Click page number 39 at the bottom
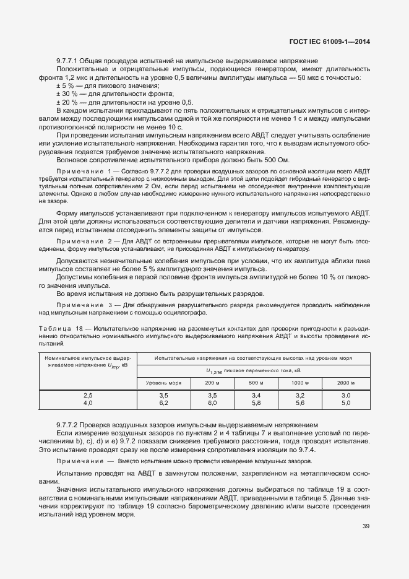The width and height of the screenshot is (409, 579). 366,526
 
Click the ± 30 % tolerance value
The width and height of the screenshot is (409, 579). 66,94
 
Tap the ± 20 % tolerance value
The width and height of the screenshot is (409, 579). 66,102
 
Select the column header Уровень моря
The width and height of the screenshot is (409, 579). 163,383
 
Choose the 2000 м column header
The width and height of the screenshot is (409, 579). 346,383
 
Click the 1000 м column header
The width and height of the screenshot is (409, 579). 300,383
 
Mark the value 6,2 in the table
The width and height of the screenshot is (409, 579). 163,403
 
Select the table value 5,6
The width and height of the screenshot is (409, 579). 300,403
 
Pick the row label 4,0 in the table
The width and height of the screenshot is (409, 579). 88,403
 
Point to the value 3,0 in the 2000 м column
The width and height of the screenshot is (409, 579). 346,394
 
